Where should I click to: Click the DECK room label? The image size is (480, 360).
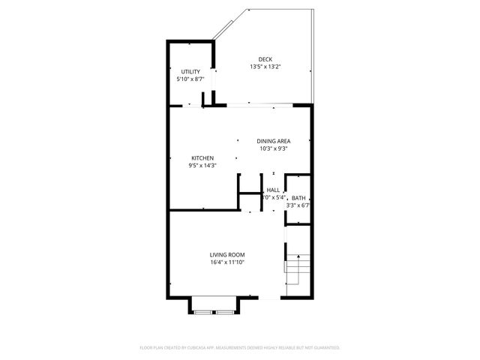coord(265,59)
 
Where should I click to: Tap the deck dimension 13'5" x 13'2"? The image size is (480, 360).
coord(265,67)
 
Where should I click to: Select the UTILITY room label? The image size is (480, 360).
coord(190,71)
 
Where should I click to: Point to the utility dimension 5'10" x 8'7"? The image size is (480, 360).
coord(190,79)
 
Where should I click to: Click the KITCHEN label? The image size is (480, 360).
coord(202,157)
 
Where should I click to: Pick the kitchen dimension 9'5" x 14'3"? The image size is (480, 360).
coord(202,165)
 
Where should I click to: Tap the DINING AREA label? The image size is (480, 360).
coord(273,141)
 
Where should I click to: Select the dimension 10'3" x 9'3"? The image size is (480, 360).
coord(273,148)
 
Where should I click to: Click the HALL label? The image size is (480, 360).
coord(273,190)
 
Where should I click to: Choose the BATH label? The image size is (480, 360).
coord(298,197)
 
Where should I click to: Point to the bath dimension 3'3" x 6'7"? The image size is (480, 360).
coord(298,205)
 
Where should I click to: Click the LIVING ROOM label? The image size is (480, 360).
coord(227,255)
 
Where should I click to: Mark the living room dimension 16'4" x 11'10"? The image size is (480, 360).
coord(227,262)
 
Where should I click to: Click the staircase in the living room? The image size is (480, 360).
coord(296,270)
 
